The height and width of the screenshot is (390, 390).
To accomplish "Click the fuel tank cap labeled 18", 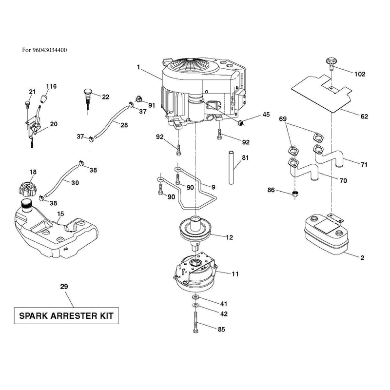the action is coord(28,189).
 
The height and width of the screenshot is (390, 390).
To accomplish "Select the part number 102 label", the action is coord(360,74).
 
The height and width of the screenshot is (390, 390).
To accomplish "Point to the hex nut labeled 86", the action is coord(295,194).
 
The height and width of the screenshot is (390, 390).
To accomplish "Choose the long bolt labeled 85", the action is coord(195,322).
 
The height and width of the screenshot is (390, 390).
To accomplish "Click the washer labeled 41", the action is coord(195,297).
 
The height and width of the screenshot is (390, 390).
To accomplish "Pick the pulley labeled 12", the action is coord(195,231).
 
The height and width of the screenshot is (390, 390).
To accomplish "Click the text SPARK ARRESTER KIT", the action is coord(66,316).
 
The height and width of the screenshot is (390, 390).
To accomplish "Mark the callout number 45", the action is coord(266,115).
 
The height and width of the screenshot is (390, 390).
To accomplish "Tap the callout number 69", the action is coord(283,119).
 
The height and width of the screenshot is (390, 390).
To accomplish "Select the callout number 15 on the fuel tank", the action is coord(60,214).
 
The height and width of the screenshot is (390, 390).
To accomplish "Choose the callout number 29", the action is coord(64,287).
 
